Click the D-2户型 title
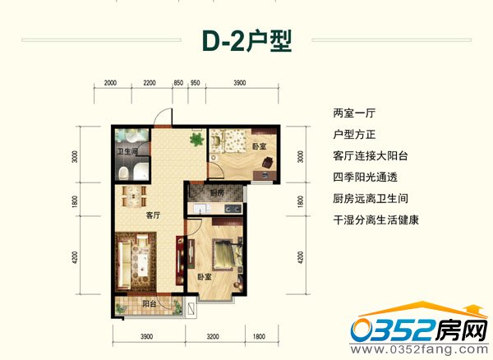[x=246, y=41]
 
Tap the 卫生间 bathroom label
[x=127, y=151]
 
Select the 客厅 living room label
[x=153, y=215]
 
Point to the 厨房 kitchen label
[x=217, y=193]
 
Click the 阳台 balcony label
[x=150, y=304]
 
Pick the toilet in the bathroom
[x=123, y=173]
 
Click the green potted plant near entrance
[x=196, y=139]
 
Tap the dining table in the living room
[x=134, y=196]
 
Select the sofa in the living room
[x=123, y=262]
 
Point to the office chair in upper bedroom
[x=268, y=162]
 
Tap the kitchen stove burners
[x=233, y=208]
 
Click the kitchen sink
[x=200, y=208]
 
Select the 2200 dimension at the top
[x=150, y=83]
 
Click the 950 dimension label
[x=196, y=83]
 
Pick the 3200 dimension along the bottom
[x=213, y=337]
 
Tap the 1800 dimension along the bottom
[x=259, y=337]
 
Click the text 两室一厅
[x=354, y=113]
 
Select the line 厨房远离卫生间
[x=371, y=198]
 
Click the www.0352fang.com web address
[x=419, y=349]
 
